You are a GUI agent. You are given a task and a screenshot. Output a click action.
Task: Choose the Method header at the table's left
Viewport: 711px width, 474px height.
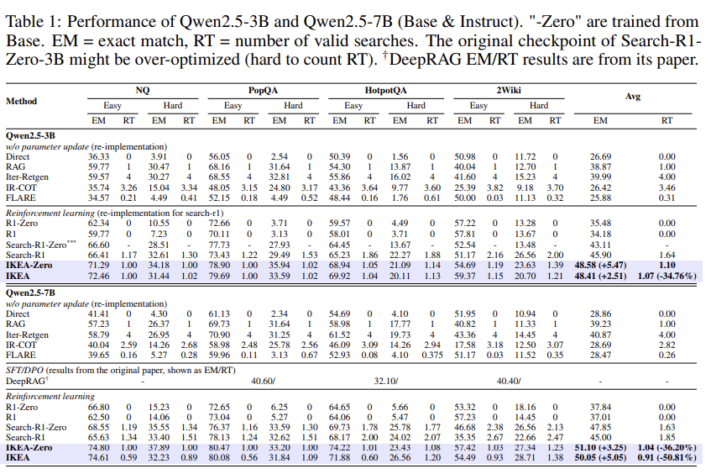(22, 101)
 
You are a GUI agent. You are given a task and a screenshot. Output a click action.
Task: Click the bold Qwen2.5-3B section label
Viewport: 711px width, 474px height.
(32, 134)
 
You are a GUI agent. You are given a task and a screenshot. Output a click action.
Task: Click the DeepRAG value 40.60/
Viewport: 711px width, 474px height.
(264, 380)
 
